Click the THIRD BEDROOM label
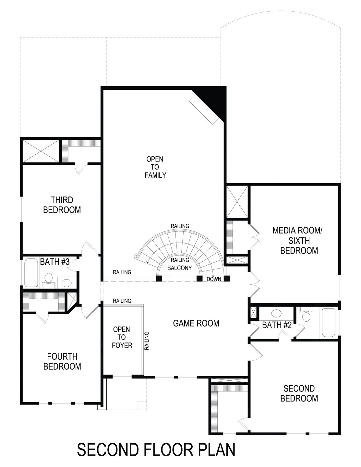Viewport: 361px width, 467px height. pos(62,205)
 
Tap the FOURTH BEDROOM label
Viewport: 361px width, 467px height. pos(62,361)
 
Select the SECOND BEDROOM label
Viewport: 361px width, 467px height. pos(299,393)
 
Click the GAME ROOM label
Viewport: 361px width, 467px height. pos(196,323)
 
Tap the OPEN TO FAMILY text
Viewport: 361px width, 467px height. pos(155,167)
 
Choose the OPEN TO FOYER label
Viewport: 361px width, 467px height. pos(122,337)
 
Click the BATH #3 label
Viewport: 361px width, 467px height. pos(55,262)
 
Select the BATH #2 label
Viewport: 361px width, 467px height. pos(277,325)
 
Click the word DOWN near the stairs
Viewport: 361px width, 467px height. pos(214,279)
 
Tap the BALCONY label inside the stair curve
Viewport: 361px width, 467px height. pos(180,268)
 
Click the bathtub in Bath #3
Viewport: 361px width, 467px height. pos(31,272)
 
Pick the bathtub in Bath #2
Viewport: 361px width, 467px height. pos(329,323)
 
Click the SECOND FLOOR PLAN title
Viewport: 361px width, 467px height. pos(156,450)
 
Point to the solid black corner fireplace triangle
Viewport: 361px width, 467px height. pos(216,99)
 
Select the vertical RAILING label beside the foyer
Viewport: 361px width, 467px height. pos(147,341)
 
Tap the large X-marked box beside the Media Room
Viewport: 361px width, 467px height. pos(237,201)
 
